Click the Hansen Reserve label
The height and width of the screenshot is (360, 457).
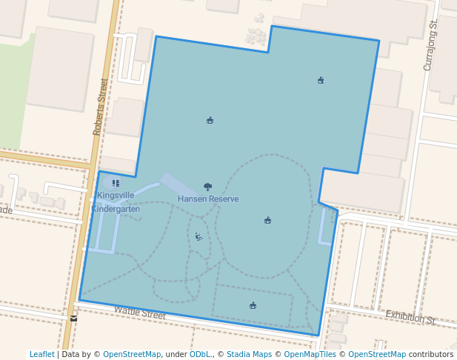pyautogui.click(x=208, y=199)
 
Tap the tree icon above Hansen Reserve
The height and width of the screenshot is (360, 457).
pyautogui.click(x=207, y=187)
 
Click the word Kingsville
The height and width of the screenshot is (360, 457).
pyautogui.click(x=116, y=196)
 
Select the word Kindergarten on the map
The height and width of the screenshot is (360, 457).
pyautogui.click(x=116, y=209)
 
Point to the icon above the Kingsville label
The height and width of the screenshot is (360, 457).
pyautogui.click(x=116, y=183)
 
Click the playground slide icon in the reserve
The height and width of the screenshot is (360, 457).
pyautogui.click(x=198, y=237)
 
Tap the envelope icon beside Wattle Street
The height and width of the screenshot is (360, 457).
pyautogui.click(x=73, y=319)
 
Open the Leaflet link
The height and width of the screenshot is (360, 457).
pyautogui.click(x=41, y=355)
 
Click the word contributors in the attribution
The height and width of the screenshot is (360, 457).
pyautogui.click(x=431, y=355)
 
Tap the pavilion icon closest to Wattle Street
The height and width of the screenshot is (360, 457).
pyautogui.click(x=253, y=305)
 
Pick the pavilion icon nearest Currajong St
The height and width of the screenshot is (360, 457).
pyautogui.click(x=320, y=80)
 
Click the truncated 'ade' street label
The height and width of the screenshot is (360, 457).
pyautogui.click(x=6, y=210)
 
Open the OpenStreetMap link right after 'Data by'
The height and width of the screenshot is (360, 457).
pyautogui.click(x=132, y=355)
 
